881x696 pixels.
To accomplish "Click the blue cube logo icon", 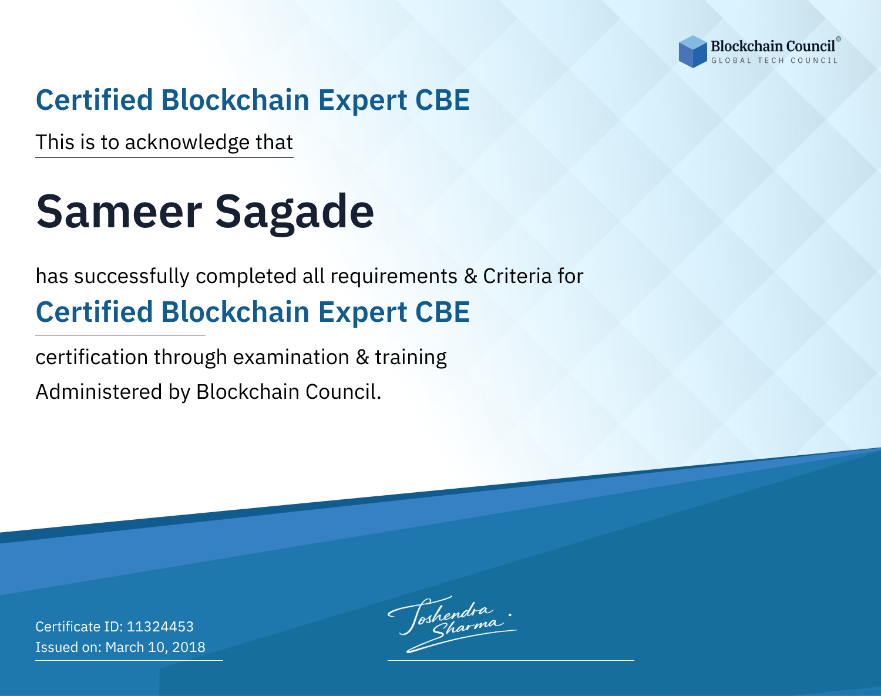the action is point(692,52).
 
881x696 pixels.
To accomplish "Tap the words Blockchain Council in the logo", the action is point(773,46).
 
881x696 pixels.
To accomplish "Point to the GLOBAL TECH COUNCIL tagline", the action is point(774,60).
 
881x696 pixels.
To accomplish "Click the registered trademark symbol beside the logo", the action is point(839,39).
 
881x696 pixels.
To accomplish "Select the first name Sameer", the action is point(119,211).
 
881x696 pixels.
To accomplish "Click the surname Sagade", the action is point(294,214).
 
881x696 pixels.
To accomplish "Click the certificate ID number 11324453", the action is point(160,626).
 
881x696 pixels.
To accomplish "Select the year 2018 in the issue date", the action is point(189,647).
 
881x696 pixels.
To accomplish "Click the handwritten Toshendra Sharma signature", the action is point(452,624).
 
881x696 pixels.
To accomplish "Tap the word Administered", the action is point(99,392).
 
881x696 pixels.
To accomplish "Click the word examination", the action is point(291,357).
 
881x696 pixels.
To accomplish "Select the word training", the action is point(411,358).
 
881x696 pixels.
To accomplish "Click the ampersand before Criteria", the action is point(471,276).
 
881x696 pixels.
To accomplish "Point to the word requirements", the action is point(394,277).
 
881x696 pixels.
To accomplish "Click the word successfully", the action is point(132,277).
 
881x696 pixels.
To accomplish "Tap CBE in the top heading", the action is point(442,100).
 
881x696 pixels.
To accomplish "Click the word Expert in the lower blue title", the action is point(363,313).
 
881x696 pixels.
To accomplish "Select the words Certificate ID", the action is point(79,626).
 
